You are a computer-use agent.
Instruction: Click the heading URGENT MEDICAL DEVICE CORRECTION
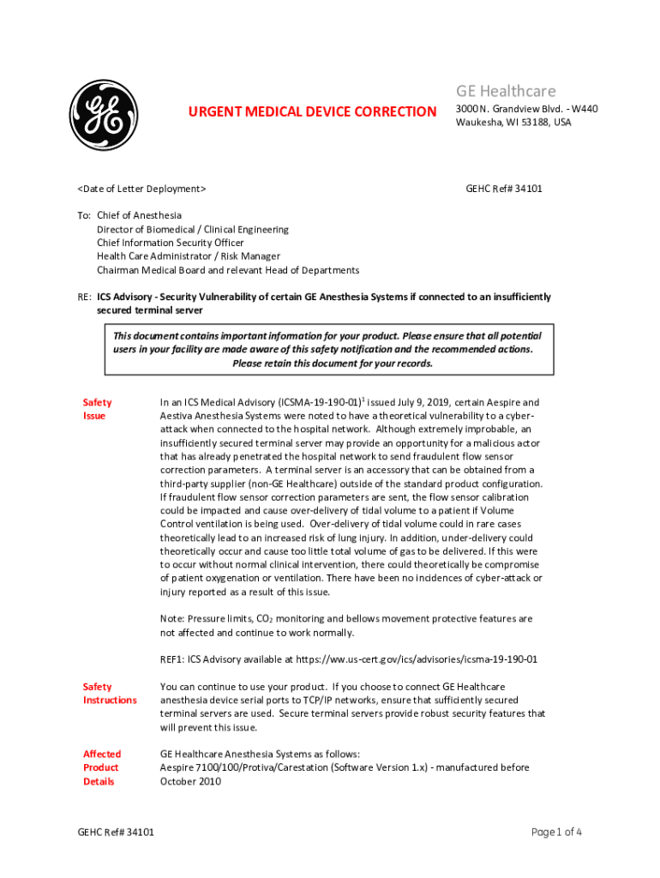pyautogui.click(x=312, y=111)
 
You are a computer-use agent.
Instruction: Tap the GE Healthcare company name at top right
pyautogui.click(x=506, y=91)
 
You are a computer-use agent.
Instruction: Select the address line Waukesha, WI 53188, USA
pyautogui.click(x=513, y=123)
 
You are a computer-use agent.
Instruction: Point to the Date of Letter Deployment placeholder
pyautogui.click(x=141, y=188)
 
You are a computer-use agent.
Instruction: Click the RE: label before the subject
pyautogui.click(x=84, y=298)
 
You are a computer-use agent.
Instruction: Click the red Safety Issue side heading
pyautogui.click(x=96, y=409)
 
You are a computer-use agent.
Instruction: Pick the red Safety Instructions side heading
pyautogui.click(x=109, y=694)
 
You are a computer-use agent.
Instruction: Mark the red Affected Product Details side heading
pyautogui.click(x=101, y=767)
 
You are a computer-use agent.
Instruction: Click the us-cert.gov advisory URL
pyautogui.click(x=417, y=659)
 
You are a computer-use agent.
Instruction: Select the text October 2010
pyautogui.click(x=190, y=781)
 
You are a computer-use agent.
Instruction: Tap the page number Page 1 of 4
pyautogui.click(x=557, y=833)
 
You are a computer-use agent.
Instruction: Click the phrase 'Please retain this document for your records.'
pyautogui.click(x=333, y=363)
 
